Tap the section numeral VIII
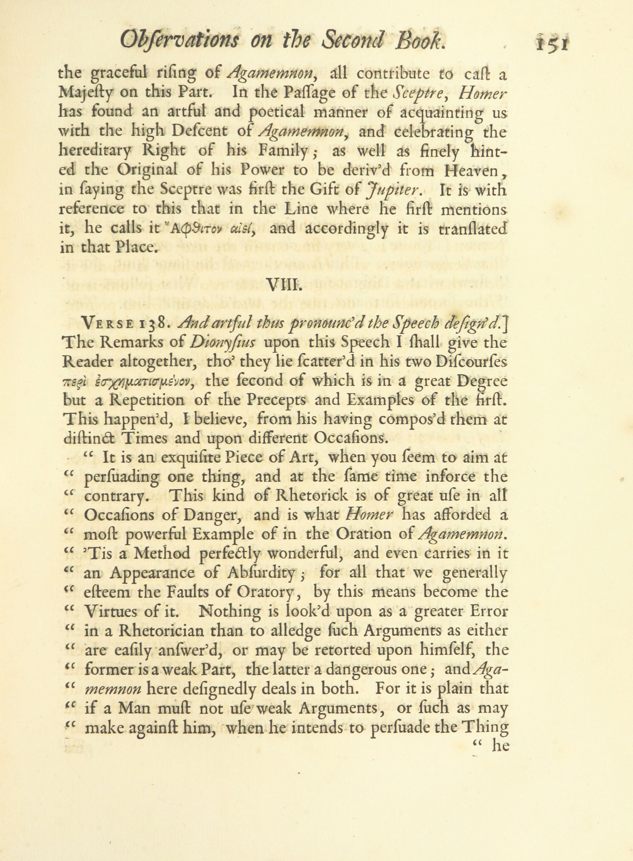click(x=282, y=284)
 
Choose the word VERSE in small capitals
click(x=108, y=324)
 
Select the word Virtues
click(x=109, y=611)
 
